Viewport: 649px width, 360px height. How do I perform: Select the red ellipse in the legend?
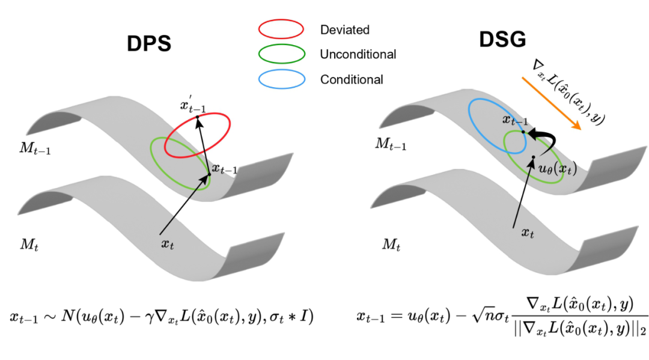click(x=281, y=29)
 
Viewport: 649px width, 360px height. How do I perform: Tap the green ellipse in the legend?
click(x=281, y=54)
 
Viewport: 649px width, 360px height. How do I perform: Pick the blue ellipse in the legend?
click(x=281, y=79)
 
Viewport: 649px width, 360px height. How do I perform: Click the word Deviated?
click(x=344, y=29)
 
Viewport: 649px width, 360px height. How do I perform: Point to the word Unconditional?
click(x=358, y=54)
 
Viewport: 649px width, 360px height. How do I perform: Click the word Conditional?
click(x=352, y=79)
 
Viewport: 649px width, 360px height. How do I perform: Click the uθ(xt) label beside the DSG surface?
click(x=556, y=169)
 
